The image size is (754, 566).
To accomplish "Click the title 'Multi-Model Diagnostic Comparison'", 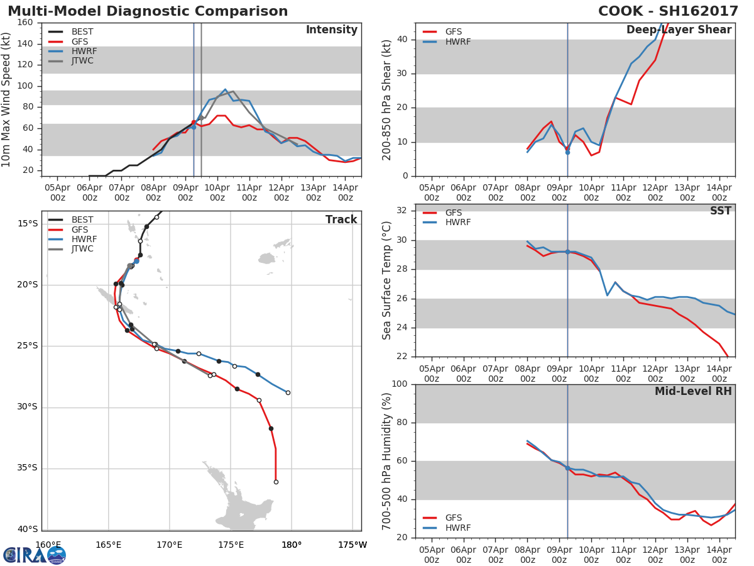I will click(148, 11).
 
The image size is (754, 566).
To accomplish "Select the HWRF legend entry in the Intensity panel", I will click(82, 51).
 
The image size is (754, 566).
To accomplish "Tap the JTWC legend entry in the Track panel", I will click(82, 249).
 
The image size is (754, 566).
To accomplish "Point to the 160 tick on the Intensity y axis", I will click(25, 23).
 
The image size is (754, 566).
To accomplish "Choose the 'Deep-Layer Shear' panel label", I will click(679, 30).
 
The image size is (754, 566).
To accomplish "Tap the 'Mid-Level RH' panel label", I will click(693, 391).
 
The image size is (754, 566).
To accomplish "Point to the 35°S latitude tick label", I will click(27, 468).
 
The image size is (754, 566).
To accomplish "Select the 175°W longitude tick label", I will click(352, 545).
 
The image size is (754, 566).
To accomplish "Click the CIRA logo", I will click(35, 555).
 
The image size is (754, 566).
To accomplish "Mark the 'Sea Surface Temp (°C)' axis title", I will click(387, 280).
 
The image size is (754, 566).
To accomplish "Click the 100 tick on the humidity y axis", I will click(398, 384).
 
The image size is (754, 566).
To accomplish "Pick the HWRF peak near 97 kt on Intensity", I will click(225, 89).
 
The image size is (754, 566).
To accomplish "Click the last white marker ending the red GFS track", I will click(276, 482).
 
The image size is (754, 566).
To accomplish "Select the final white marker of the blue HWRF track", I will click(288, 392).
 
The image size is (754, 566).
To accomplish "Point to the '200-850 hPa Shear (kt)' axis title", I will click(387, 99).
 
